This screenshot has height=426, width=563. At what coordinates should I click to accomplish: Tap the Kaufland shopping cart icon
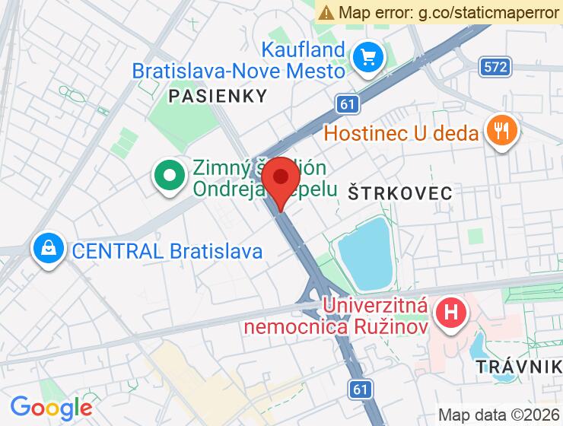[x=369, y=57]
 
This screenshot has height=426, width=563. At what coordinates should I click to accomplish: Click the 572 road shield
[x=495, y=67]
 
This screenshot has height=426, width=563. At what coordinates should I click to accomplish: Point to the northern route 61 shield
[x=347, y=103]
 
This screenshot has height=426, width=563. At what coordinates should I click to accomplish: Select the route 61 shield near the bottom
[x=362, y=389]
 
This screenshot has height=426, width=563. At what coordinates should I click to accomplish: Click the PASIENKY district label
[x=218, y=96]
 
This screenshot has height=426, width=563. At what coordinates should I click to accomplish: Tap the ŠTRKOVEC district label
[x=400, y=192]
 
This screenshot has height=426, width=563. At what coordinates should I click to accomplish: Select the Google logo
[x=51, y=407]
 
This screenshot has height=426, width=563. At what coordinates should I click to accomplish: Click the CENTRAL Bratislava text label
[x=167, y=250]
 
